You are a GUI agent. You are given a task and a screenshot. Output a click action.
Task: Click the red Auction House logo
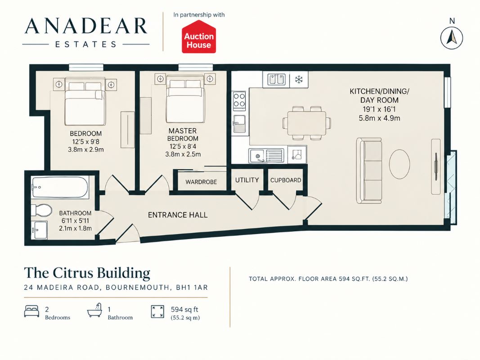click(x=199, y=37)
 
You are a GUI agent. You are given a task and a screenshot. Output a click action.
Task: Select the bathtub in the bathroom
click(x=60, y=187)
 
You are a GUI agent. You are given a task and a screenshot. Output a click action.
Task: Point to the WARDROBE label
click(x=201, y=182)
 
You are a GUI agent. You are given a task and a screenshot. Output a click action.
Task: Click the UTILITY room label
click(x=247, y=180)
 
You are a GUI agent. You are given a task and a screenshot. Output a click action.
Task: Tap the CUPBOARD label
click(x=286, y=180)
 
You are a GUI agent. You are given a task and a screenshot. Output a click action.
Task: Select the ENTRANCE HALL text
click(x=178, y=215)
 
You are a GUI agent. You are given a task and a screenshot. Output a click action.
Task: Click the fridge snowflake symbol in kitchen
click(x=299, y=80)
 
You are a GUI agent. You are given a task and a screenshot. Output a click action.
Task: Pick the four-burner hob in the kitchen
click(x=239, y=101)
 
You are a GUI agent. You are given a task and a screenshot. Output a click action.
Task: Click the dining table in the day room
click(x=306, y=123)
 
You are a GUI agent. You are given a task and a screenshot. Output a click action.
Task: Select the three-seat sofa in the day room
click(x=369, y=171)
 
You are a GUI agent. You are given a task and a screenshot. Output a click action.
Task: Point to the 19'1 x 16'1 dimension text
click(x=379, y=109)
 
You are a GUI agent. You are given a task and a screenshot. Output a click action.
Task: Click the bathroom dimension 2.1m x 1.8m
click(x=75, y=228)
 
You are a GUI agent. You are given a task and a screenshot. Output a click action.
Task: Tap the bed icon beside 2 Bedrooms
click(x=31, y=311)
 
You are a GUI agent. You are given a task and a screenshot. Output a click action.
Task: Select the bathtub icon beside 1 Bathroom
click(x=94, y=310)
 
